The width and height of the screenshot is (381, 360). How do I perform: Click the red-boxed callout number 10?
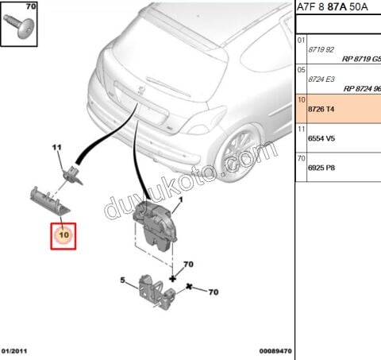[63, 235]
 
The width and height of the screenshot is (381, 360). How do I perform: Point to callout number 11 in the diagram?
[57, 147]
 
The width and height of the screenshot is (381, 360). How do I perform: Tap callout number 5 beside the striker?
[124, 280]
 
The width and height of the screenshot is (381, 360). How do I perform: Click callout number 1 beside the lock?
[181, 201]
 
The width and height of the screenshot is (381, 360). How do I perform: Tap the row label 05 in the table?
[302, 69]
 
